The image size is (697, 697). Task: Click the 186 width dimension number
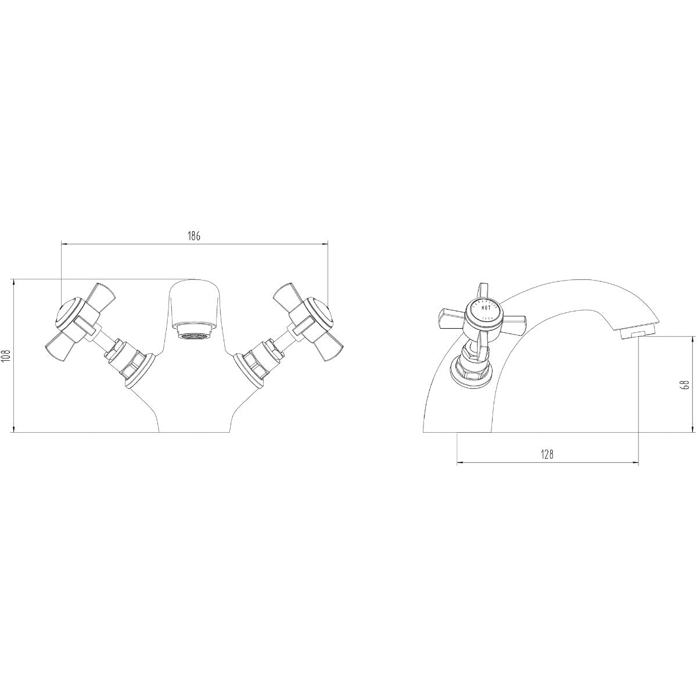(194, 236)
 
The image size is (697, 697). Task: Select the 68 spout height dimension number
(684, 384)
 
